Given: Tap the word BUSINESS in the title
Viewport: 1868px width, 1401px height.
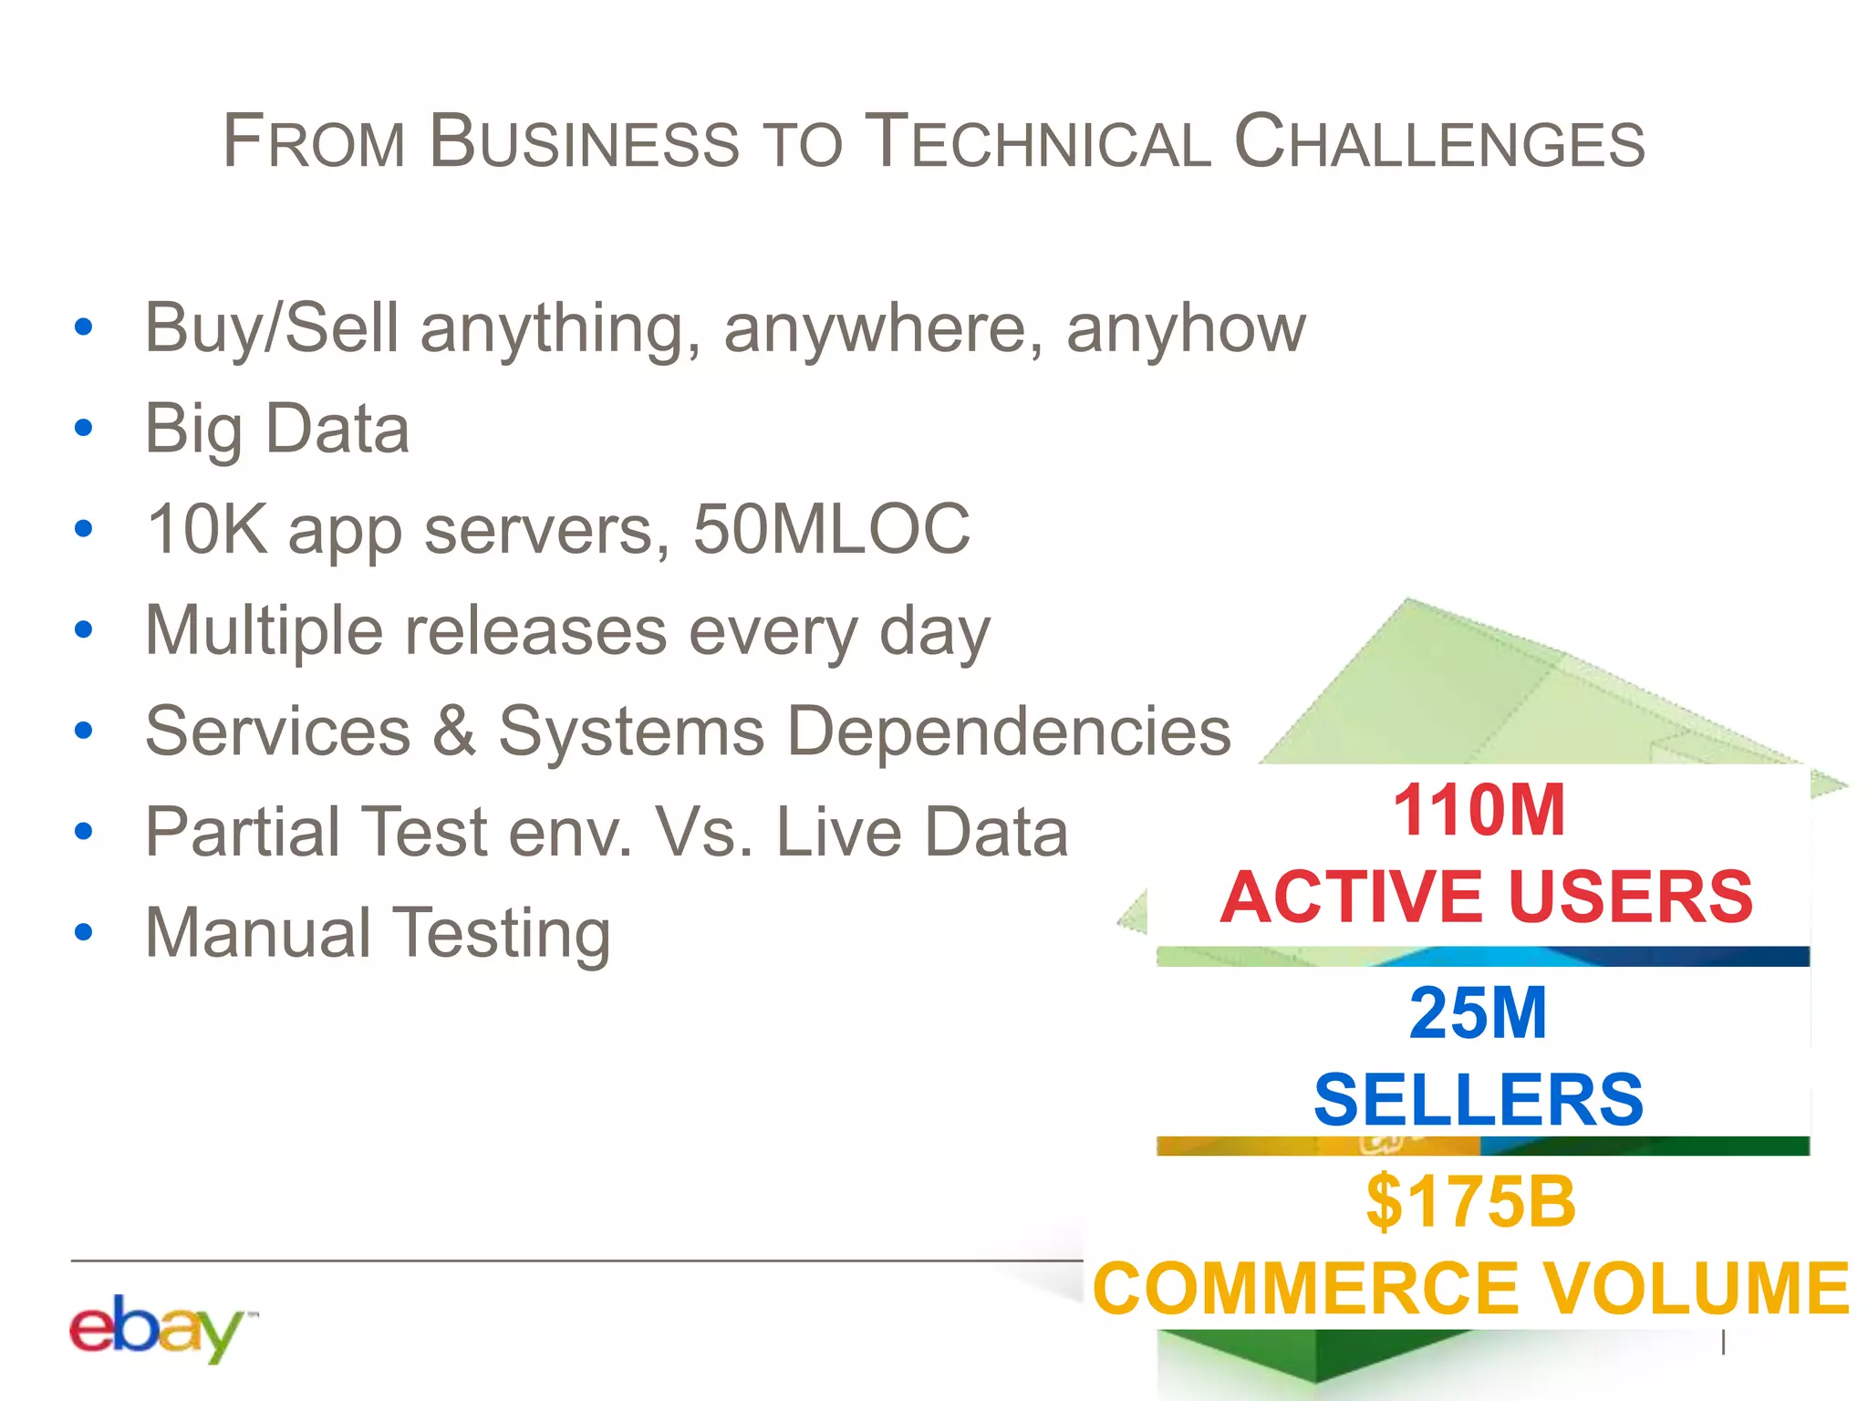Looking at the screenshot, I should coord(584,143).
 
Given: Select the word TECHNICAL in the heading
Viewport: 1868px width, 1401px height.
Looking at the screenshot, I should coord(1037,143).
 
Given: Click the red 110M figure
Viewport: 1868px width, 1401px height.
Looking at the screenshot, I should coord(1479,810).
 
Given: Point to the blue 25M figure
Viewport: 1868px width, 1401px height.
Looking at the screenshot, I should coord(1478,1013).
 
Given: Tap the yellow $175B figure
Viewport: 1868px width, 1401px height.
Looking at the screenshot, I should coord(1470,1202).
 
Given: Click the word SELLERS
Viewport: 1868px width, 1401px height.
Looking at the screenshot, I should coord(1479,1100).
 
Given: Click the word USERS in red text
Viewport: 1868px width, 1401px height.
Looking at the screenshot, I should coord(1631,897).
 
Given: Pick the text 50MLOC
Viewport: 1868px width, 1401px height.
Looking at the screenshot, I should coord(831,529).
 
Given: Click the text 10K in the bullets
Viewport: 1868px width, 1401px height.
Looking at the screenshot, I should coord(207,529).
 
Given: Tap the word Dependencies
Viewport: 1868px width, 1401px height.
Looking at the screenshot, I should coord(1008,732).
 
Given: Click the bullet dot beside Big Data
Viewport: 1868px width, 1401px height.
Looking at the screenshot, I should coord(84,428).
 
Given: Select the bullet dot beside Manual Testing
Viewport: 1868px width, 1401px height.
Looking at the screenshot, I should coord(84,932).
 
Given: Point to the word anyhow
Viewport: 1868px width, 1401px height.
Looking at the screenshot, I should coord(1186,328).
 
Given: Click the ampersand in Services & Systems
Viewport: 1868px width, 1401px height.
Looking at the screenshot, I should coord(453,732).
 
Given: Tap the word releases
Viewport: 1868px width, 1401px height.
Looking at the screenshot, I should coord(536,631).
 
